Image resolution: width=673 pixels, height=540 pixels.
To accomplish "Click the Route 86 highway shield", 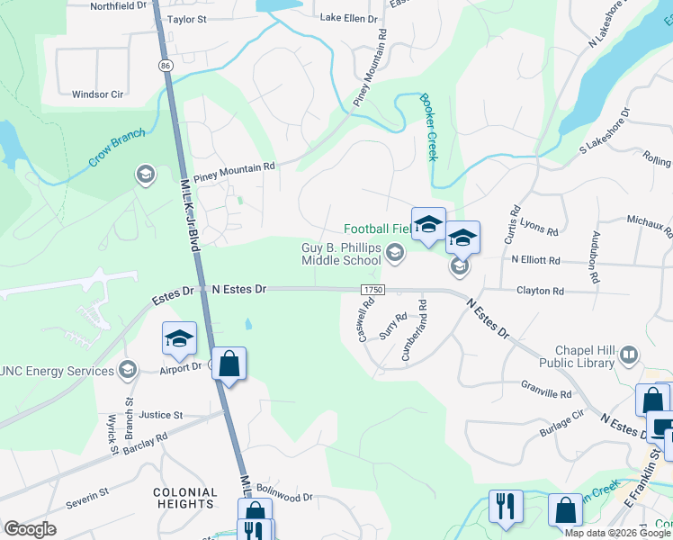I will tap(165, 66).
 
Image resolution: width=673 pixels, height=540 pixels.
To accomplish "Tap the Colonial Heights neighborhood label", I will tap(184, 499).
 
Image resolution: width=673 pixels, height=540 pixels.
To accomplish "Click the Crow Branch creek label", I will tap(116, 149).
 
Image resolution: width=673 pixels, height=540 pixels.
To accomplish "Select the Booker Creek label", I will tap(427, 128).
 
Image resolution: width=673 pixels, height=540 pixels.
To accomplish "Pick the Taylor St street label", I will tap(187, 18).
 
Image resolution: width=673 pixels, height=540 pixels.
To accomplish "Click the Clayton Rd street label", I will tap(540, 292).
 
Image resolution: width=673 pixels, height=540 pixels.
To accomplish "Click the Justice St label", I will tap(161, 416).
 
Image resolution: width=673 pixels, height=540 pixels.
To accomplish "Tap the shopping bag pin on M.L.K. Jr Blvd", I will tap(229, 364).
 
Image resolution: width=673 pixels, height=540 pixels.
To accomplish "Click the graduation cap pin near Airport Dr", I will tap(179, 338).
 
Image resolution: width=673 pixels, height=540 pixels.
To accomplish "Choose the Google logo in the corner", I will tap(30, 529).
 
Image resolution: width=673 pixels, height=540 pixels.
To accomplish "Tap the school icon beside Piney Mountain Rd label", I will tap(145, 174).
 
